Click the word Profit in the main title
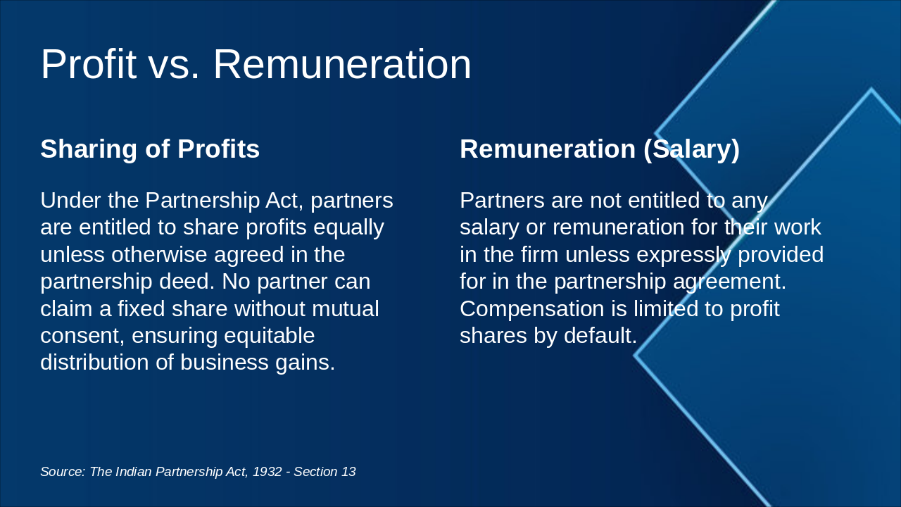[x=88, y=65]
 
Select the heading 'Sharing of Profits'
[x=150, y=149]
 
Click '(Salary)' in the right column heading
[x=691, y=149]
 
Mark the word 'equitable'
[x=270, y=335]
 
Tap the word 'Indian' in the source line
[x=133, y=472]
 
